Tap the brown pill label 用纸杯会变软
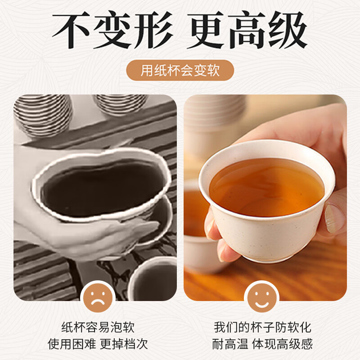point(180,71)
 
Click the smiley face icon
point(261,297)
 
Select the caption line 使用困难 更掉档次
point(98,344)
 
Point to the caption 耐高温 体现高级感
point(262,344)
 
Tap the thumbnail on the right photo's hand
point(335,218)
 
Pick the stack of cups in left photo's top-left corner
point(43,115)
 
